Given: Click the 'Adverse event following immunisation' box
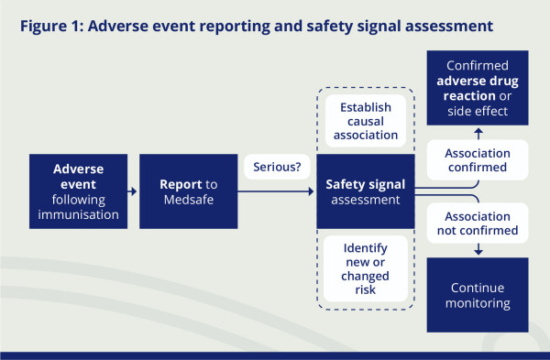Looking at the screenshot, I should (x=77, y=191).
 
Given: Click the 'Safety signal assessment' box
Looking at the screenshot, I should (x=364, y=191).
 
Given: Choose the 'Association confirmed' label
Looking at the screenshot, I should (x=477, y=161).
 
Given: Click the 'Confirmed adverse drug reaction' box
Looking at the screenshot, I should (x=477, y=90).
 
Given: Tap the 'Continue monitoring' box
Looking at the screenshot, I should (x=477, y=294).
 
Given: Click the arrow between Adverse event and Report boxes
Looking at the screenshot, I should (x=132, y=191).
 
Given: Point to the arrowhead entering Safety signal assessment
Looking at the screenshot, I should (x=312, y=191).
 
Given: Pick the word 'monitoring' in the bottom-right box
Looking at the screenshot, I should (x=477, y=302).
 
